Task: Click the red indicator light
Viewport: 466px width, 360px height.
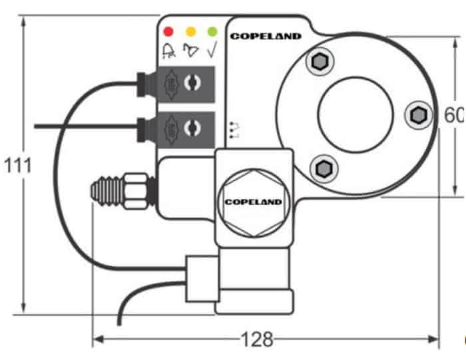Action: coord(168,31)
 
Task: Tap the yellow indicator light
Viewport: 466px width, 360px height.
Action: coord(190,31)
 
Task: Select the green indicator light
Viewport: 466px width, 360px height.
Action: coord(212,31)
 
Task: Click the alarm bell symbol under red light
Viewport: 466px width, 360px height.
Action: coord(169,49)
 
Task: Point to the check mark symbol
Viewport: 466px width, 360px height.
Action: coord(212,49)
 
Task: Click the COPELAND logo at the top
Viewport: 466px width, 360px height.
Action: coord(266,36)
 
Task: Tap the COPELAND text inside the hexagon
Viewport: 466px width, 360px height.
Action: coord(253,201)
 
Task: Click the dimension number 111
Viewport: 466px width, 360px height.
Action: coord(17,166)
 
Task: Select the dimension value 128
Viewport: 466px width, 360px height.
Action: coord(256,340)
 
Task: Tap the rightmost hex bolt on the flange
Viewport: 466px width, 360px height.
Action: coord(417,114)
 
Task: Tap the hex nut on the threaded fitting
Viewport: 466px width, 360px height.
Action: coord(136,189)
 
